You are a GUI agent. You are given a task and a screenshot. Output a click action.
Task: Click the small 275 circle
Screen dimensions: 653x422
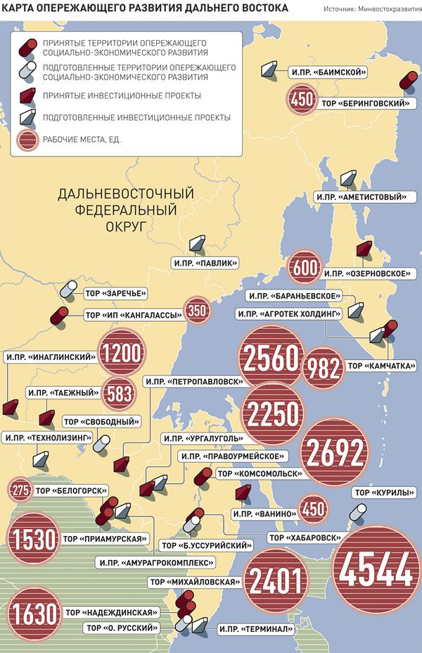pyautogui.click(x=20, y=491)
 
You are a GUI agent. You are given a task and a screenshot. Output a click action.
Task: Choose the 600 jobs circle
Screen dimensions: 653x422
pyautogui.click(x=305, y=268)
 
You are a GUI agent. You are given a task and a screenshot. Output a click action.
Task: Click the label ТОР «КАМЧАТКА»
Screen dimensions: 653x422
pyautogui.click(x=381, y=366)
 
